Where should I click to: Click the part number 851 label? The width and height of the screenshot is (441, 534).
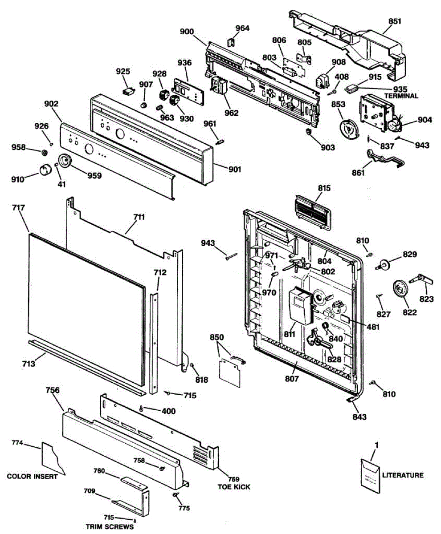point(395,21)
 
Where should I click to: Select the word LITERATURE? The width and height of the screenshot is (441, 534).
point(403,475)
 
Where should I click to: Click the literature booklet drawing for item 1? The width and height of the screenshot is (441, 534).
point(370,476)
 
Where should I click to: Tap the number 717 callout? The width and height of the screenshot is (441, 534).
point(18,208)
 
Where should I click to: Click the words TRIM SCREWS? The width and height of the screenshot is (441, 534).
point(110,526)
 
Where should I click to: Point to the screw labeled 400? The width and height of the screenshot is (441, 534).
point(141,409)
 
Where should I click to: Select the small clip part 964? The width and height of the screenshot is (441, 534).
point(231,42)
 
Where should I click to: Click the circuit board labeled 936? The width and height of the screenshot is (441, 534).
point(188,92)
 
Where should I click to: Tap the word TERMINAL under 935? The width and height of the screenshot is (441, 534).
point(401,96)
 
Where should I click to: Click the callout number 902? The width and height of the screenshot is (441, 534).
point(51,104)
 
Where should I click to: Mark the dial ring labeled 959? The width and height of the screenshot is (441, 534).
point(65,161)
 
